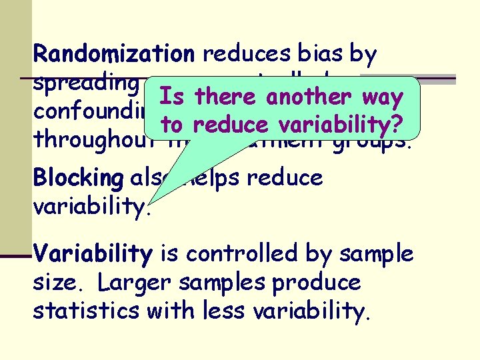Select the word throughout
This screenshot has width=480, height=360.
click(79, 141)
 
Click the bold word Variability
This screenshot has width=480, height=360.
click(93, 254)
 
